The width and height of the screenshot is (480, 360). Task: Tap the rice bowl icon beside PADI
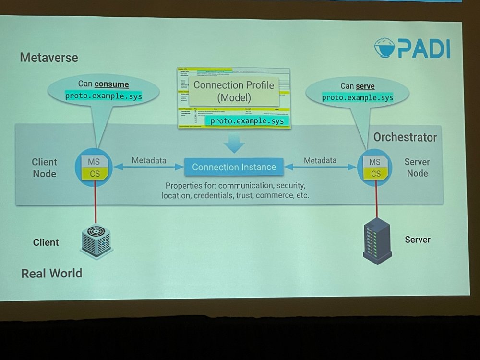(385, 48)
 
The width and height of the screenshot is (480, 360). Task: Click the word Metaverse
(49, 58)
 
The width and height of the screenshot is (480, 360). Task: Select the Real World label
(51, 274)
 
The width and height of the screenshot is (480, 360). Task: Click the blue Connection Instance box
(234, 167)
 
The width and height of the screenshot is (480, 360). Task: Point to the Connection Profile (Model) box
(233, 91)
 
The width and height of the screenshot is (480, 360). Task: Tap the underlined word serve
(365, 86)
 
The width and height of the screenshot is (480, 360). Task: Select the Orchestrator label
(405, 138)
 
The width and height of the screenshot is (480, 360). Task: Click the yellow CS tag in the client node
(95, 173)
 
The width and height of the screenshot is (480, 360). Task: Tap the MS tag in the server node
(375, 162)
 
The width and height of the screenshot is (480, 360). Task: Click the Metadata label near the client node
(149, 160)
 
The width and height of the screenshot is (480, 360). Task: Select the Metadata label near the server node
(320, 160)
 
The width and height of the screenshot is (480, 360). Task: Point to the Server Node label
(417, 168)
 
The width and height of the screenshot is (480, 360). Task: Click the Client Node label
(45, 168)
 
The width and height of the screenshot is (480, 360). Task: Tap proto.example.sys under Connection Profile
(247, 121)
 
